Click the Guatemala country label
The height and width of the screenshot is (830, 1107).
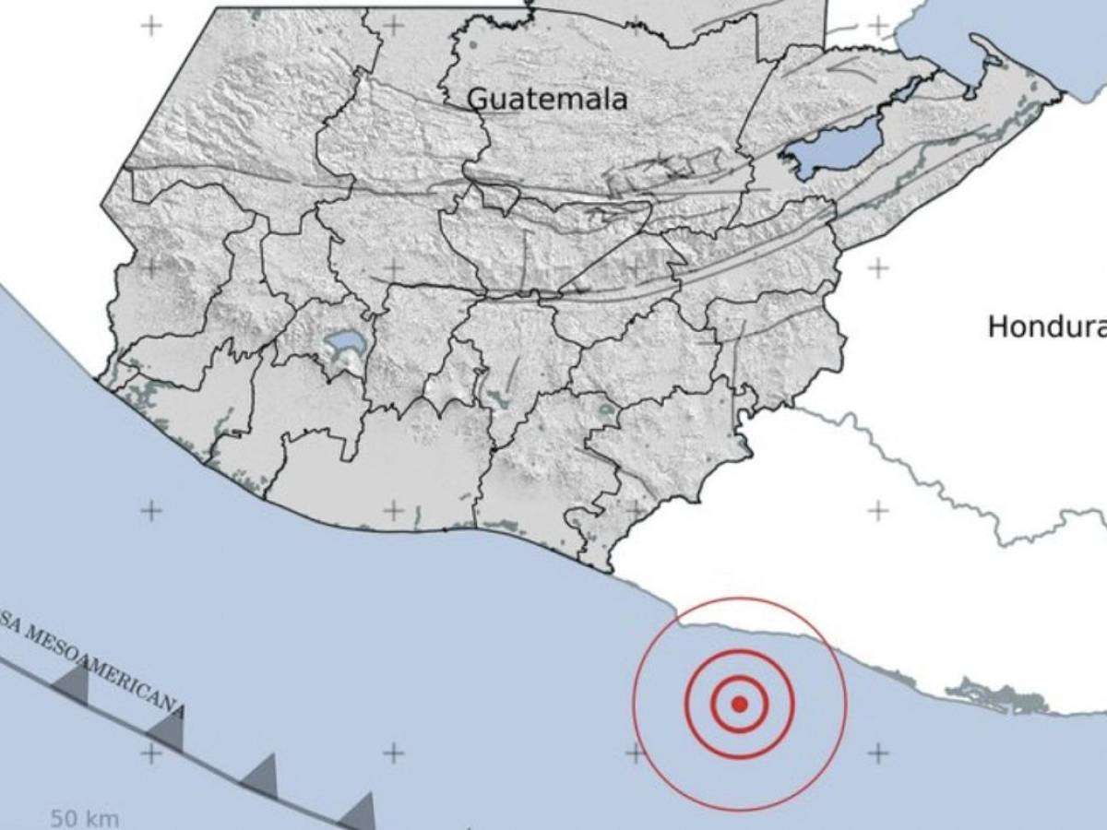click(548, 99)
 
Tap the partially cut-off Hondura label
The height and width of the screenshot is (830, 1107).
click(1047, 326)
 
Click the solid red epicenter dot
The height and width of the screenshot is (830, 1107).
click(739, 705)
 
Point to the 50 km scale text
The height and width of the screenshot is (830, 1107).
click(84, 818)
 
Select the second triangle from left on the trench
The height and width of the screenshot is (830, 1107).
click(169, 730)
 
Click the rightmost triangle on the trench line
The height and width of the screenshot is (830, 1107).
click(360, 812)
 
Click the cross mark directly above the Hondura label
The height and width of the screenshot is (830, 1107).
click(877, 268)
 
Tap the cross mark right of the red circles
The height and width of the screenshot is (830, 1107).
click(877, 753)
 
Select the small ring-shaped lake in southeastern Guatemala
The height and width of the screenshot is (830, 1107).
click(606, 410)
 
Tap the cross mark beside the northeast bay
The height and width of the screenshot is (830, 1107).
click(877, 25)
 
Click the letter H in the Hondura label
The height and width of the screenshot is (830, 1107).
click(997, 326)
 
